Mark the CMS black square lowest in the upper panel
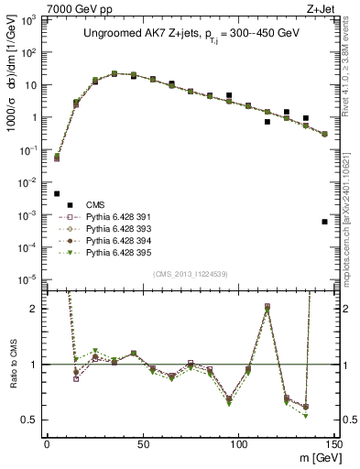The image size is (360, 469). coord(325,222)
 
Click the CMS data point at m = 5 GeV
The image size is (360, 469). coord(57,193)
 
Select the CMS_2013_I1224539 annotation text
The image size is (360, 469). coord(190,272)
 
